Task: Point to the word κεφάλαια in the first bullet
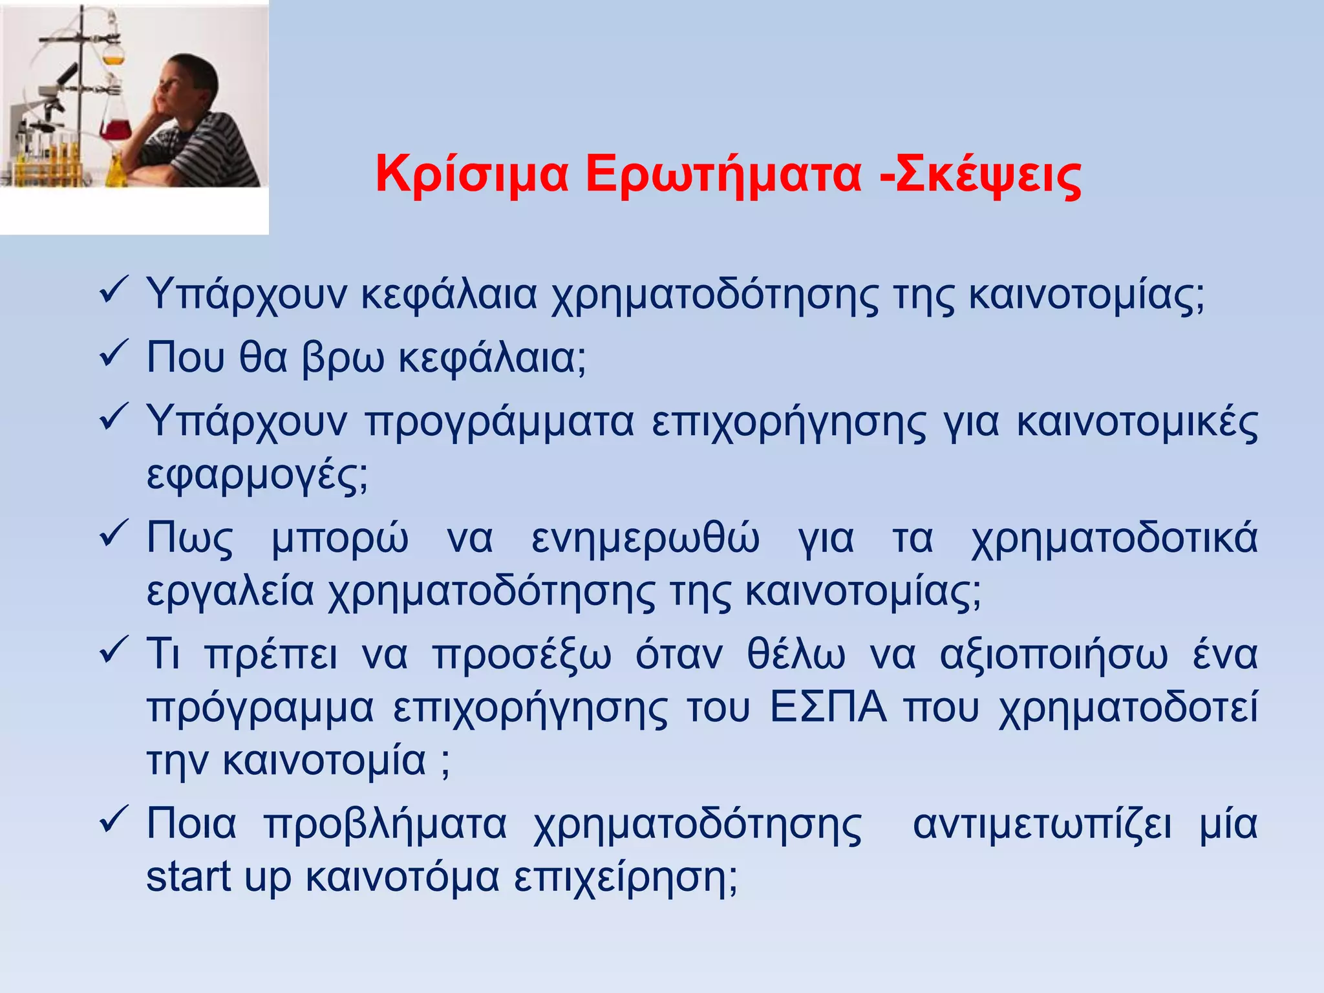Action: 449,295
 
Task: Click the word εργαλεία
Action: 230,592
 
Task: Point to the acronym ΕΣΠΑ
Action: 828,708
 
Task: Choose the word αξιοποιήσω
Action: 1054,655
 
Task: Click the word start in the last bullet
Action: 188,877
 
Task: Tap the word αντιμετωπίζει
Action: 1041,825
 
